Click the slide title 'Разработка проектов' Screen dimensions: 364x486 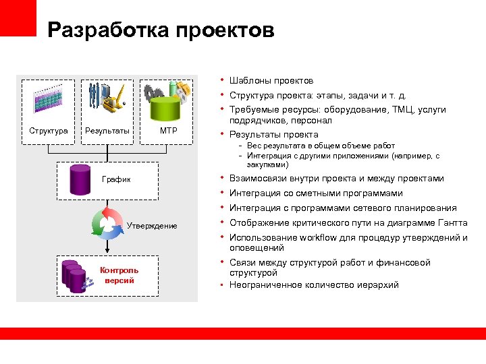tap(161, 30)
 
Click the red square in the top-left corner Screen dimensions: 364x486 tap(18, 18)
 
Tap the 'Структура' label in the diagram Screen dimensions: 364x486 tap(49, 130)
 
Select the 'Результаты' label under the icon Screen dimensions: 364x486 tap(107, 130)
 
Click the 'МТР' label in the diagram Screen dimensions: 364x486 tap(169, 130)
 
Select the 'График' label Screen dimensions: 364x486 tap(116, 180)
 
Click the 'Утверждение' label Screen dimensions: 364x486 tap(152, 226)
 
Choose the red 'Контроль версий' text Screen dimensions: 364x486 tap(119, 275)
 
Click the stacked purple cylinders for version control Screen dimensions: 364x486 tap(74, 275)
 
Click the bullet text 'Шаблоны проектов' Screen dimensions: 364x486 tap(271, 80)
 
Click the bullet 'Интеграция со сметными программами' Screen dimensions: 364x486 tap(316, 193)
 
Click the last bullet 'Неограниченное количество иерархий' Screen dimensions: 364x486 tap(314, 284)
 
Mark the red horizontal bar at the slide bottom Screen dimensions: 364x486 tap(243, 333)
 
